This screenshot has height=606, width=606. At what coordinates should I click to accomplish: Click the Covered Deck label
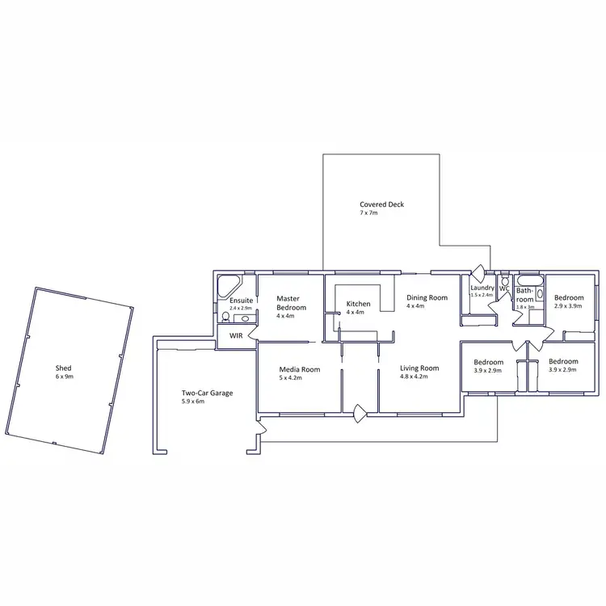click(x=381, y=204)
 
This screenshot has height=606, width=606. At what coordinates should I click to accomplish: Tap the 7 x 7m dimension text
click(x=368, y=213)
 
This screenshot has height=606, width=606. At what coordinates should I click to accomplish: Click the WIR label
click(x=237, y=335)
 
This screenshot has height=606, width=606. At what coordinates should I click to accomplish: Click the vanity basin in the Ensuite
click(x=245, y=319)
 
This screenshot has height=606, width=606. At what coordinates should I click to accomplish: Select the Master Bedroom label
click(x=290, y=302)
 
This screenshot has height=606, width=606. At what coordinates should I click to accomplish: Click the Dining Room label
click(x=427, y=297)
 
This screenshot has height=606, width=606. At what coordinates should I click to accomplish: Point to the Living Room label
click(x=419, y=368)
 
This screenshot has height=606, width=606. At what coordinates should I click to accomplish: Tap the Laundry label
click(x=482, y=288)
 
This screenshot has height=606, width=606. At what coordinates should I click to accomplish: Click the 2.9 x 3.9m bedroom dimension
click(x=569, y=306)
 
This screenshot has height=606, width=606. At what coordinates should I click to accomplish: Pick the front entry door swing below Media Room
click(x=360, y=414)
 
